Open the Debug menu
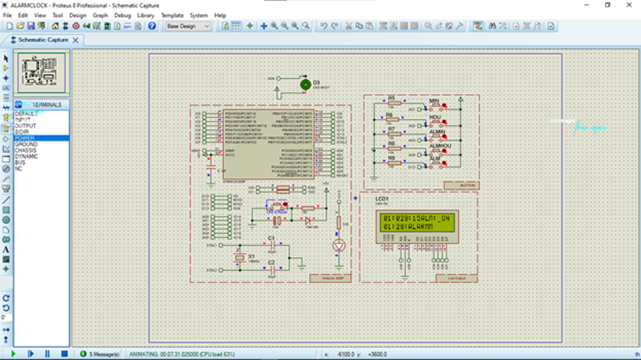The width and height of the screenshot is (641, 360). pyautogui.click(x=122, y=15)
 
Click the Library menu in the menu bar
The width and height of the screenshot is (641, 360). pyautogui.click(x=145, y=15)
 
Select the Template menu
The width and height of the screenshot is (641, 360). pyautogui.click(x=172, y=15)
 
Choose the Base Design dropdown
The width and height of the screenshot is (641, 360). pyautogui.click(x=187, y=26)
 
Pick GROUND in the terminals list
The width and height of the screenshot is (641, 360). pyautogui.click(x=26, y=145)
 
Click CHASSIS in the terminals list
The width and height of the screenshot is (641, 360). pyautogui.click(x=26, y=150)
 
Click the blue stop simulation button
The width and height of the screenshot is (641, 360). pyautogui.click(x=64, y=354)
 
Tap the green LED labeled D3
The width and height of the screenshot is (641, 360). pyautogui.click(x=305, y=85)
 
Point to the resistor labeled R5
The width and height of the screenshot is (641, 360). pyautogui.click(x=394, y=103)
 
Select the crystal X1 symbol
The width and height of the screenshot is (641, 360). pyautogui.click(x=240, y=258)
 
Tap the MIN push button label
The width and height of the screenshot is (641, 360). pyautogui.click(x=434, y=101)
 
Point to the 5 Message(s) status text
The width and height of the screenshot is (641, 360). pyautogui.click(x=105, y=354)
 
